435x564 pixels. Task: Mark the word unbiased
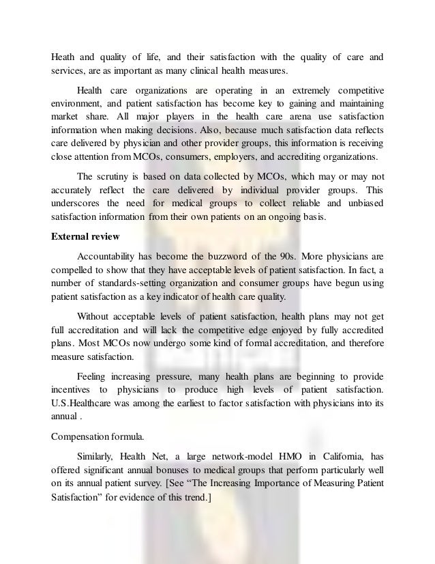coord(360,203)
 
